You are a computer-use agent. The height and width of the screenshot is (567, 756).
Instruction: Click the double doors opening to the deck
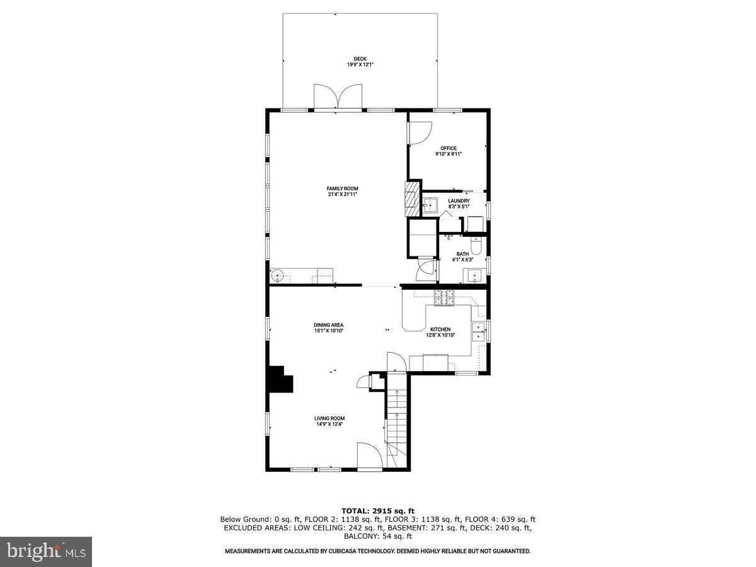click(x=339, y=98)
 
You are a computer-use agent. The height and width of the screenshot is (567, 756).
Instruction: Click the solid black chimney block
click(x=280, y=380)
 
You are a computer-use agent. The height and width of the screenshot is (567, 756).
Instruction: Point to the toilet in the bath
click(x=477, y=246)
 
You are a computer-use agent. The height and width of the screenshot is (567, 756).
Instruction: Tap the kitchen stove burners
click(x=444, y=297)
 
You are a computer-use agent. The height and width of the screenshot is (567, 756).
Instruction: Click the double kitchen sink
click(x=479, y=331)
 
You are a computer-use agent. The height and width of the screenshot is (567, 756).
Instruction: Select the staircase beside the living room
click(x=397, y=419)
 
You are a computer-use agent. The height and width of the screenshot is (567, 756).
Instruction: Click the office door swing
click(x=418, y=132)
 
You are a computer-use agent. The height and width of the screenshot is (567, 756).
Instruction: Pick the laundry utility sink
click(x=430, y=205)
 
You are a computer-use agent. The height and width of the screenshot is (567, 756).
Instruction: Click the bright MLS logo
click(x=46, y=552)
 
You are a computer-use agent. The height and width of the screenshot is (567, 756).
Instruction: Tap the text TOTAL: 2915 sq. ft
click(x=377, y=511)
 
